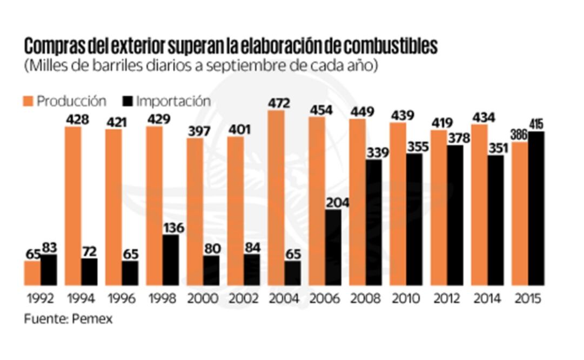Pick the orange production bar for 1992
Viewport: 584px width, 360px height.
pyautogui.click(x=32, y=273)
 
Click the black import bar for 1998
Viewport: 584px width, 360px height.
pyautogui.click(x=171, y=260)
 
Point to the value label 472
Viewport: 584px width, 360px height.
pyautogui.click(x=279, y=103)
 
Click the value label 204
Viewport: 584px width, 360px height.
pyautogui.click(x=337, y=203)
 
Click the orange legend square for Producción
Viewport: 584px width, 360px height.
pyautogui.click(x=28, y=101)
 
